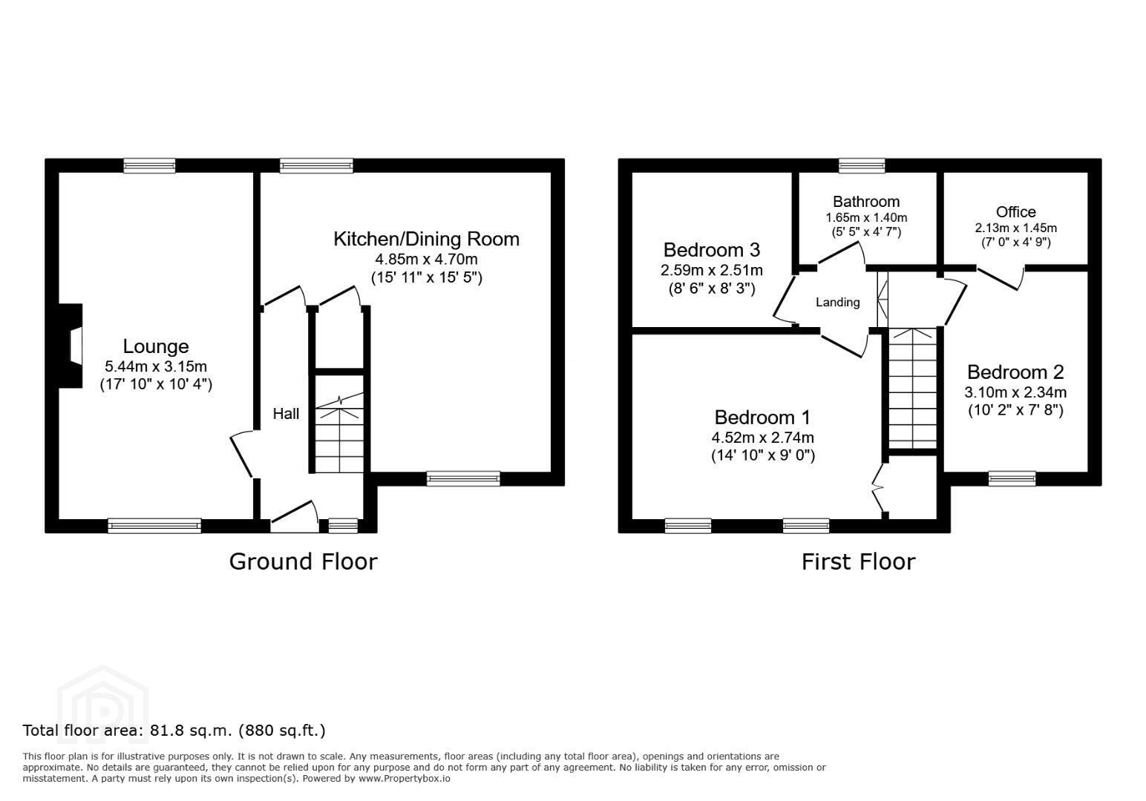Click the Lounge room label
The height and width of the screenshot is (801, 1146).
(x=156, y=346)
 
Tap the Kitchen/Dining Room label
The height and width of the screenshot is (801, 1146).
(x=426, y=240)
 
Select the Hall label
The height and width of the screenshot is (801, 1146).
(x=286, y=414)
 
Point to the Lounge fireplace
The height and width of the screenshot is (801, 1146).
(x=71, y=346)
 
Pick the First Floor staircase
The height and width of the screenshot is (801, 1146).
(x=912, y=389)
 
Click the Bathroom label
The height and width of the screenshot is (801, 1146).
(x=866, y=202)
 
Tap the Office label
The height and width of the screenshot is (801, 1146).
(x=1015, y=211)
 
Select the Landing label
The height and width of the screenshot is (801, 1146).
(x=837, y=302)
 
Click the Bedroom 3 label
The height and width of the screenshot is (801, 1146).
(x=712, y=250)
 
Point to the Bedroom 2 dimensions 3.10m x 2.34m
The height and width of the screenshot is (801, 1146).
(x=1015, y=392)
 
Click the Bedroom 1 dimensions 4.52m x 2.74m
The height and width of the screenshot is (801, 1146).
(x=763, y=438)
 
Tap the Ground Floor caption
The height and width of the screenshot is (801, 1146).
(x=304, y=561)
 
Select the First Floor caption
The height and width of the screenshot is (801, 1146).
(x=859, y=561)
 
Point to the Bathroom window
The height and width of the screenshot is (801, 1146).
(x=862, y=165)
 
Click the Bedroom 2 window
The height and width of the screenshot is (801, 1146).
(x=1012, y=478)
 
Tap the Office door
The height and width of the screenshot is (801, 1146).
(x=1001, y=278)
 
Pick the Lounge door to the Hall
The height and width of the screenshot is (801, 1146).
(x=241, y=455)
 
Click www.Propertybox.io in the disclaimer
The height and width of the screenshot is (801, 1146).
(x=405, y=779)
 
